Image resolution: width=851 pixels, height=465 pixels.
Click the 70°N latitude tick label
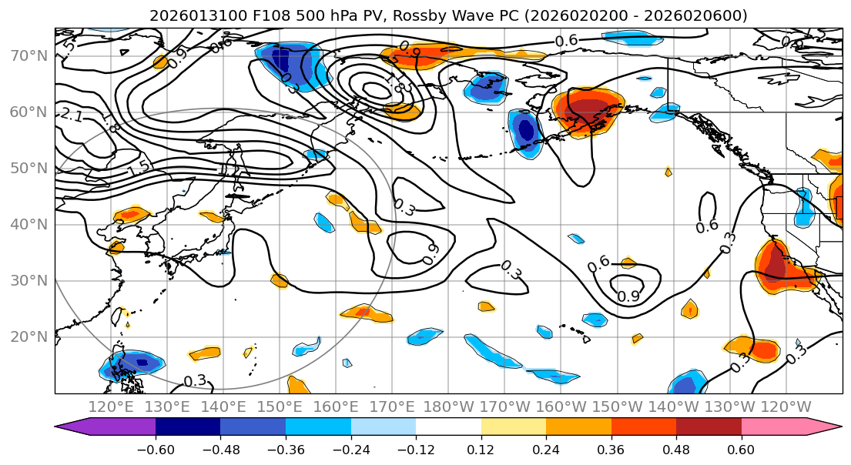[x=28, y=55]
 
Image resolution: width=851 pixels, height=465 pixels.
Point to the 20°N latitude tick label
[x=28, y=336]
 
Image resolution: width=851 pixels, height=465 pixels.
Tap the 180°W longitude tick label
[x=449, y=406]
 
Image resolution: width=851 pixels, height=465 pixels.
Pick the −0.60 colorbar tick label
[x=156, y=448]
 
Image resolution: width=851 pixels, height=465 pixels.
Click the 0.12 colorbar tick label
[x=481, y=448]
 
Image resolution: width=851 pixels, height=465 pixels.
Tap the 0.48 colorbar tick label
[x=676, y=448]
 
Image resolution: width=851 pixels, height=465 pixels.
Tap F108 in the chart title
[x=253, y=15]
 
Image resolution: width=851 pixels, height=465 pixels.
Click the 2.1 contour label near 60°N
[x=72, y=116]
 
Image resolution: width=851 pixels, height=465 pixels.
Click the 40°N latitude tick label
[x=28, y=224]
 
